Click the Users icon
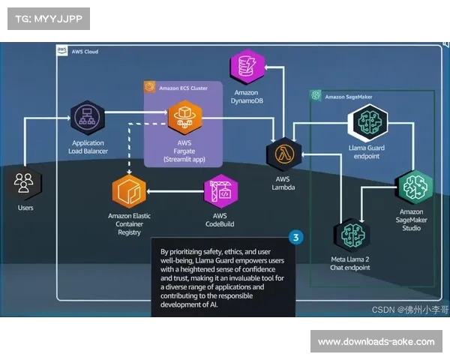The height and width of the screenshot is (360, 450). pyautogui.click(x=25, y=183)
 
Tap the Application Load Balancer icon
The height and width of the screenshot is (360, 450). pyautogui.click(x=88, y=116)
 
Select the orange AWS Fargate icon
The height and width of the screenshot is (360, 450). pyautogui.click(x=184, y=116)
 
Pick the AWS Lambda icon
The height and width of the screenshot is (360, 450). pyautogui.click(x=283, y=154)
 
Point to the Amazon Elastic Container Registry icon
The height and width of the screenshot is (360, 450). pyautogui.click(x=129, y=191)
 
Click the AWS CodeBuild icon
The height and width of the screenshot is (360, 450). pyautogui.click(x=220, y=192)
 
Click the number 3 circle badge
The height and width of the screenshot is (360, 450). pyautogui.click(x=296, y=238)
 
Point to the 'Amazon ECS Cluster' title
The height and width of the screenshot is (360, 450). pyautogui.click(x=183, y=88)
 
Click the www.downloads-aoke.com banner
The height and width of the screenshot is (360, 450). pyautogui.click(x=375, y=342)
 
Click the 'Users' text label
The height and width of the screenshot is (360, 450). pyautogui.click(x=25, y=207)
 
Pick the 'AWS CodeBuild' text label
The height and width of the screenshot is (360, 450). pyautogui.click(x=220, y=220)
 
